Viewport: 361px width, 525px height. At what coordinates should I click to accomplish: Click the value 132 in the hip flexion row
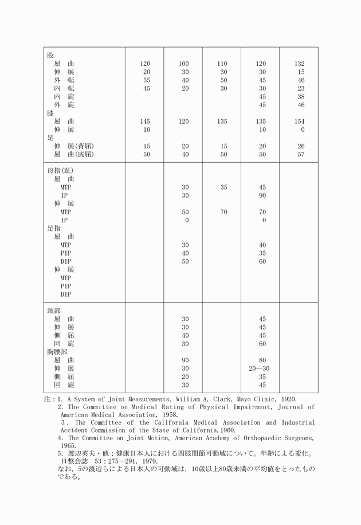tap(300, 64)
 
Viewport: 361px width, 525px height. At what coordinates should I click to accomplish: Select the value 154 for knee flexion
tap(300, 122)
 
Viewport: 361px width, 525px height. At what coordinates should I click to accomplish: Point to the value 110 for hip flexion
tap(222, 64)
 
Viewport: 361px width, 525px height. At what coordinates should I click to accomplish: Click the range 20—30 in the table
tap(260, 369)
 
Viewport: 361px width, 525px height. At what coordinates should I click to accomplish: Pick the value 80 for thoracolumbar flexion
tap(262, 361)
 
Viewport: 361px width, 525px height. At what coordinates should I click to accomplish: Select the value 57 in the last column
tap(301, 155)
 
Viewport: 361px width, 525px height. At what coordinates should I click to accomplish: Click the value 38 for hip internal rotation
tap(301, 97)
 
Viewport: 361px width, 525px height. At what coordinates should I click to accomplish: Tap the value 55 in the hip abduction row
tap(147, 80)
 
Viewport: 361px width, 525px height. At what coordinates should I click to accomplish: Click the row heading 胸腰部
tap(57, 352)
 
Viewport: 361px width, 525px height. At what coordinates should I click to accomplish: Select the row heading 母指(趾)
tap(61, 171)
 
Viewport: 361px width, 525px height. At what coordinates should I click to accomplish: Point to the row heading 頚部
tap(54, 311)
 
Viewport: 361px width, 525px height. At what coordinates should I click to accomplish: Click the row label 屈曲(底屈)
tap(74, 155)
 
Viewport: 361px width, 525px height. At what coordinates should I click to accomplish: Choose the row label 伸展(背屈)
tap(74, 146)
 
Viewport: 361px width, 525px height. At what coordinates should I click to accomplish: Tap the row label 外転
tap(64, 80)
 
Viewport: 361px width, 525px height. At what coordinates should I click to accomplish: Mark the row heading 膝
tap(50, 113)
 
